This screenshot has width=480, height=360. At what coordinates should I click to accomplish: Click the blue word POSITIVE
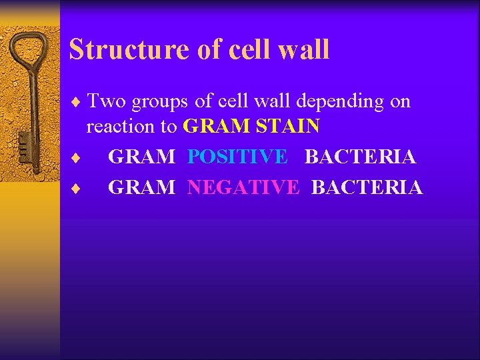coord(237,157)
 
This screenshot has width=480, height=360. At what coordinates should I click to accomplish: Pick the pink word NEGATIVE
coord(243,188)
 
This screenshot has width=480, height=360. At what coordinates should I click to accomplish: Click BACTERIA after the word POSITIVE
coord(360,157)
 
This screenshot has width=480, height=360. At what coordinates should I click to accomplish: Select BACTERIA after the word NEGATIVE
coord(367,188)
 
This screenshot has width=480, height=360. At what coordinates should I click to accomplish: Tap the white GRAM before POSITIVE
coord(141,157)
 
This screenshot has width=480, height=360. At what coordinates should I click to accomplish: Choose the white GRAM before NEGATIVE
coord(141,188)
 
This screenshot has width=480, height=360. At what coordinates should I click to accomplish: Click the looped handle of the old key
coord(29,53)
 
